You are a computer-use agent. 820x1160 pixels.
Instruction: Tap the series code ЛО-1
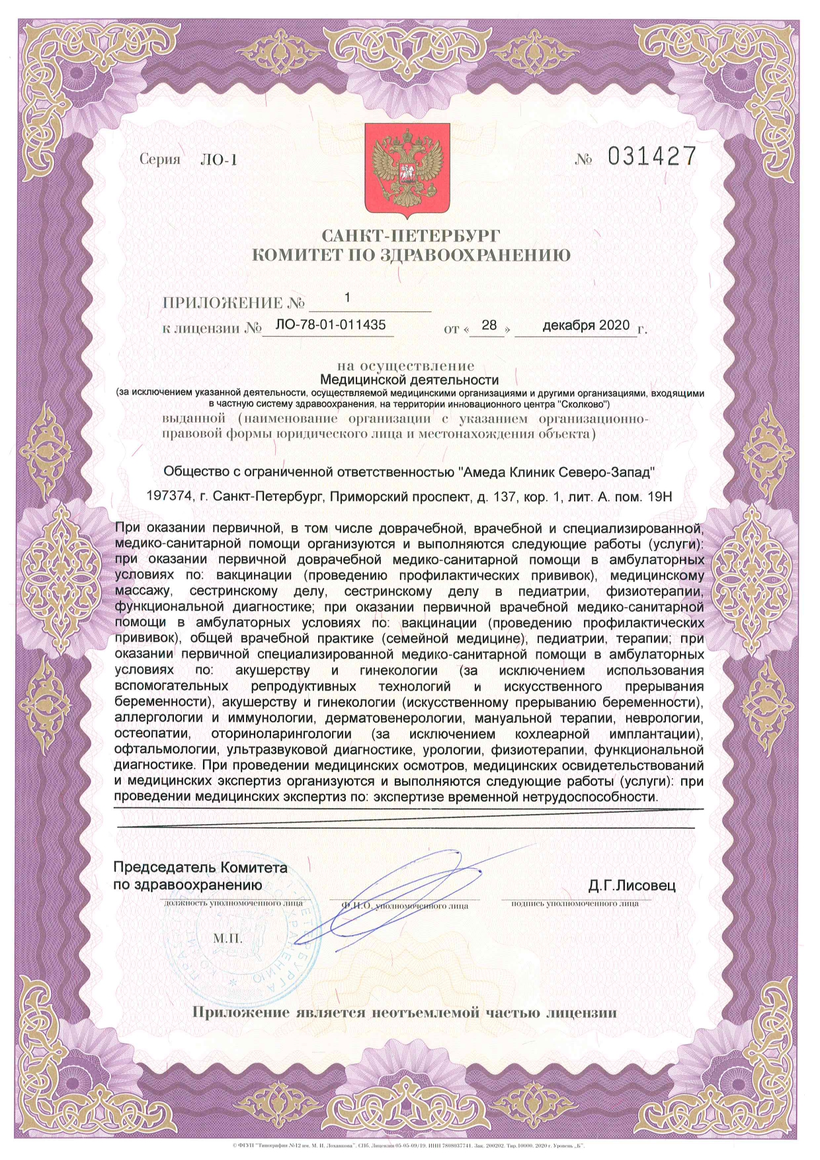pos(218,160)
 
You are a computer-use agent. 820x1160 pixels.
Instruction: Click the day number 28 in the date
pos(489,325)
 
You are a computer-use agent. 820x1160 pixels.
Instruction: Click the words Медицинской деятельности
pos(409,380)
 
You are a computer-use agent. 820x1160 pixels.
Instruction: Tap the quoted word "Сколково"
pos(582,403)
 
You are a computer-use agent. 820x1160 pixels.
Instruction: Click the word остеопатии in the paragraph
pos(153,734)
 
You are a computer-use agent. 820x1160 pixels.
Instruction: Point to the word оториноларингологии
pos(280,734)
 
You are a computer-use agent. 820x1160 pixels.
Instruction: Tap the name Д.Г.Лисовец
pos(632,886)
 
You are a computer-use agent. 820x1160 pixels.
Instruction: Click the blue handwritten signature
pos(410,883)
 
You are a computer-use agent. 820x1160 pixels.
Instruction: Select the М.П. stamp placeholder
pos(227,938)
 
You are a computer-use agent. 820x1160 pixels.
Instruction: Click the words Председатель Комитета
pos(200,867)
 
